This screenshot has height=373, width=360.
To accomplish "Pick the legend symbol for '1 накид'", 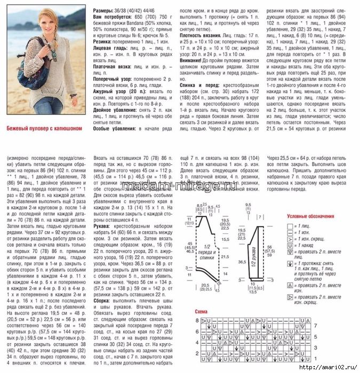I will [x=290, y=246].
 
